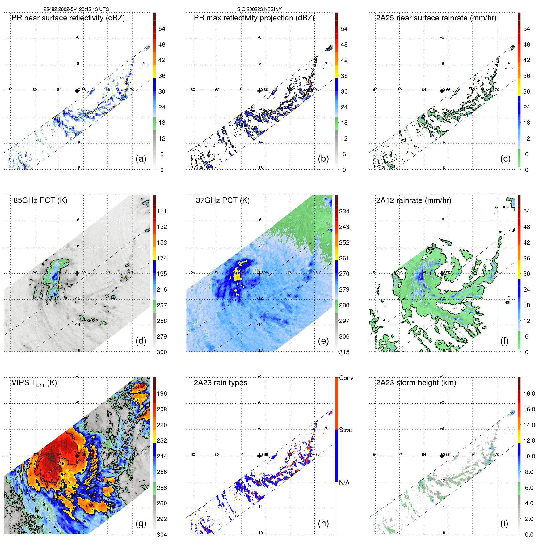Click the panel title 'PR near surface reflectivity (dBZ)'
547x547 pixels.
(x=68, y=18)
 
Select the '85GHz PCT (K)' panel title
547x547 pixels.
(x=40, y=200)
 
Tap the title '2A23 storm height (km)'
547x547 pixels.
(x=416, y=383)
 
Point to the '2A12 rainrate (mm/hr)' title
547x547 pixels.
(x=414, y=200)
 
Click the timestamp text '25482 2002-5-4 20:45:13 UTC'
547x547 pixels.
(x=76, y=9)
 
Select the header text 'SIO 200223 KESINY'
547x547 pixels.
(x=259, y=9)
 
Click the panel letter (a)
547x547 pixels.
(x=141, y=159)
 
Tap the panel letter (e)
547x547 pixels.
(x=323, y=341)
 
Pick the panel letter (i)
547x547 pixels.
(x=504, y=523)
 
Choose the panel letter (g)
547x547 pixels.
(x=141, y=523)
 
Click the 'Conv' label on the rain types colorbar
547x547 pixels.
(x=346, y=378)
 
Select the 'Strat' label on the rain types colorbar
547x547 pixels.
(x=345, y=430)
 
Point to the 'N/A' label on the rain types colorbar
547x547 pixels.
(x=344, y=482)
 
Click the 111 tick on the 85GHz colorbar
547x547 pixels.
(x=162, y=211)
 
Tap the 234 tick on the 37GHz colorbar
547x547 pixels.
(x=344, y=211)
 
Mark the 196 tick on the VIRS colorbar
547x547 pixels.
(x=162, y=393)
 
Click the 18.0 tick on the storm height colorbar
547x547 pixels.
(x=529, y=393)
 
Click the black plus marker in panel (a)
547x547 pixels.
(x=77, y=91)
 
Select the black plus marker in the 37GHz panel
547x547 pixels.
(x=259, y=273)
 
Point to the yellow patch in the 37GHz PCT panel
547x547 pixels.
(x=237, y=272)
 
